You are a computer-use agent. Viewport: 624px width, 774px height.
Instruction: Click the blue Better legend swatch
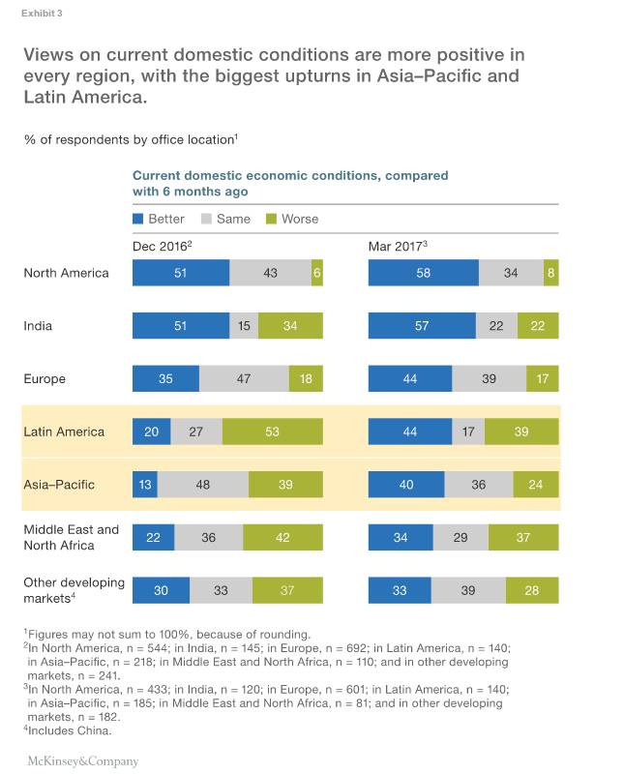point(138,219)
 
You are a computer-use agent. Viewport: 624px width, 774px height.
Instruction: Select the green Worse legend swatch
point(272,219)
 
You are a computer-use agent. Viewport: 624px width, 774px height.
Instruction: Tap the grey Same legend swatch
point(207,219)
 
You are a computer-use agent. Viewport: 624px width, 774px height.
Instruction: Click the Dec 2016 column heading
point(162,247)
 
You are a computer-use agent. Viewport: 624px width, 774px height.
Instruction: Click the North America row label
point(66,273)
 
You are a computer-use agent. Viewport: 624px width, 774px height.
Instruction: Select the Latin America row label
point(64,432)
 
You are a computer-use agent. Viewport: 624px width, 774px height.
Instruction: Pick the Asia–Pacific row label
point(59,484)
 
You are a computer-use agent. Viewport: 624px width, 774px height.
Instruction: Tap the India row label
point(38,326)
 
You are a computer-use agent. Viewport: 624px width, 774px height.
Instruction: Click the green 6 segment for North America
point(316,273)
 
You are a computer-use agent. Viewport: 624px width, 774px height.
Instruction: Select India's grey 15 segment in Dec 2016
point(244,326)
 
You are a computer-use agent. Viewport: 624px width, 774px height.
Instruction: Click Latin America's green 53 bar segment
point(272,432)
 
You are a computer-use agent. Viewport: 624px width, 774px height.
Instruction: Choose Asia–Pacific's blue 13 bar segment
point(144,484)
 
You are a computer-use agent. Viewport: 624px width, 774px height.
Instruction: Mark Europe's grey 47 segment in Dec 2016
point(244,378)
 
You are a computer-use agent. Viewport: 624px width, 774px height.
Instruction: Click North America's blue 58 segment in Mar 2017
point(423,273)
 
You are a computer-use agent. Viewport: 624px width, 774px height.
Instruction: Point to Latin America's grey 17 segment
point(468,432)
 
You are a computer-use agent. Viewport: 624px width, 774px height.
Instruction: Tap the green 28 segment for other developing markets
point(532,590)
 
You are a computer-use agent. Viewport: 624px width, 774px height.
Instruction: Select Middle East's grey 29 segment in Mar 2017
point(461,537)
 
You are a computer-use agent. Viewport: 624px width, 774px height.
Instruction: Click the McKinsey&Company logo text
point(80,761)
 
